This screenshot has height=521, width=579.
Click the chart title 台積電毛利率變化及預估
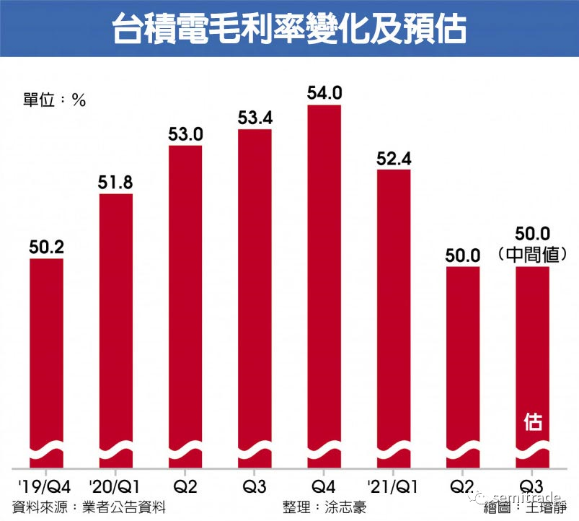[290, 28]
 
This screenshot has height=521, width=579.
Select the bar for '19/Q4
[47, 364]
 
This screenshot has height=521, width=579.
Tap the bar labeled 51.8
[116, 331]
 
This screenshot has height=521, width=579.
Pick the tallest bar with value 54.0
[324, 286]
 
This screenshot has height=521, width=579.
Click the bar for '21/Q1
[394, 319]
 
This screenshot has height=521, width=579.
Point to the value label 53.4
[255, 118]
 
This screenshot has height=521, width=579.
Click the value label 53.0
[186, 134]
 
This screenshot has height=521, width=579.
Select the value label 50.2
[47, 248]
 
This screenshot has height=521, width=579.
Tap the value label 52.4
[394, 159]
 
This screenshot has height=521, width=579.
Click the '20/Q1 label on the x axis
[115, 487]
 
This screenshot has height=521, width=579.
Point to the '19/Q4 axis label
[45, 487]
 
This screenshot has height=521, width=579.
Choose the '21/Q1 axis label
[393, 487]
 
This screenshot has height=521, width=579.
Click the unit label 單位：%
[54, 100]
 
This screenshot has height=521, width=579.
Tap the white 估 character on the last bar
[533, 422]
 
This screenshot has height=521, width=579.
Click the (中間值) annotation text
[532, 255]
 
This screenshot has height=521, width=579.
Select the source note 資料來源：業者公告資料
[89, 507]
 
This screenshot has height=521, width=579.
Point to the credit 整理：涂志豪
[324, 507]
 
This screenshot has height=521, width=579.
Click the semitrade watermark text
[526, 497]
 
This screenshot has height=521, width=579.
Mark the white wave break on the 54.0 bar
[324, 451]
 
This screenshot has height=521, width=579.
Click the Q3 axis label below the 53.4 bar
[255, 487]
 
